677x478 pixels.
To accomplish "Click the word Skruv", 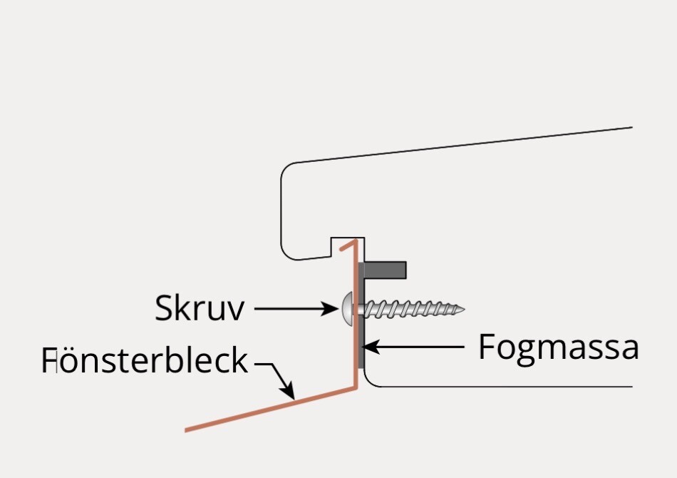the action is coord(200,307).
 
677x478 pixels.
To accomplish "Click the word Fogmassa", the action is coord(558,347).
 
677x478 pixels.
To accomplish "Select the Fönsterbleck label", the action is coord(145,360).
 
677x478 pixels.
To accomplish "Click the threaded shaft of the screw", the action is coord(410,309).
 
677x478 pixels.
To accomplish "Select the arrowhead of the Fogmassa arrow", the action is coord(371,347).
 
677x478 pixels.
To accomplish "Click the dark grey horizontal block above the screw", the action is coord(385,270).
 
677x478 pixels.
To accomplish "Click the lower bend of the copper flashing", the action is coord(356,387).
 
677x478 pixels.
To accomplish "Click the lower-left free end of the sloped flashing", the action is coord(187,429).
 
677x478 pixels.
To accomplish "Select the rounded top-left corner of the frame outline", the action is coord(286,168).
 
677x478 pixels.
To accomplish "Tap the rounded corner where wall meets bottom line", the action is coord(370,381).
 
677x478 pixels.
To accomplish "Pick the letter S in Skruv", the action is coord(163,307).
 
